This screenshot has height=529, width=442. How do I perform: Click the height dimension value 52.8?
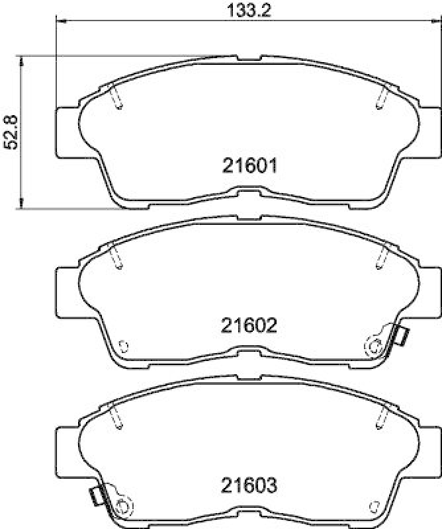(11, 132)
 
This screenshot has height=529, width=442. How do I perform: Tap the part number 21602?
(247, 326)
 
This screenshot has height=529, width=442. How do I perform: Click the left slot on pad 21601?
(116, 97)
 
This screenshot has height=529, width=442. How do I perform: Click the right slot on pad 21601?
(380, 97)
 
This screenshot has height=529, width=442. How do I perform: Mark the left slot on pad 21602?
(116, 257)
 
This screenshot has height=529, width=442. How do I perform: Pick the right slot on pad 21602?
(380, 257)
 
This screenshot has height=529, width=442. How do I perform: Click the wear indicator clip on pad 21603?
(97, 495)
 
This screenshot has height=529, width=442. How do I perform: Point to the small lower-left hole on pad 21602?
(122, 345)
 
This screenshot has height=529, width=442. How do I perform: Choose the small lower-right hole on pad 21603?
(375, 507)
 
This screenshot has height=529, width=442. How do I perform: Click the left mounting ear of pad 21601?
(66, 132)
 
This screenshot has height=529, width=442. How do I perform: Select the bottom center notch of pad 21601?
(247, 192)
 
